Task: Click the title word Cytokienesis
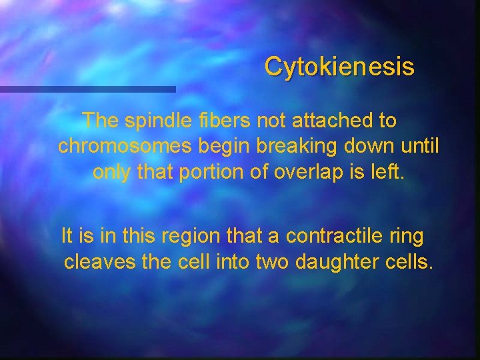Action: [339, 67]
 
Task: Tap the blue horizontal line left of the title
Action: [87, 89]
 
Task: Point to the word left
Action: [387, 172]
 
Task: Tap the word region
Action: [193, 237]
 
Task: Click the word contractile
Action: [331, 237]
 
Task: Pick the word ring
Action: [408, 237]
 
